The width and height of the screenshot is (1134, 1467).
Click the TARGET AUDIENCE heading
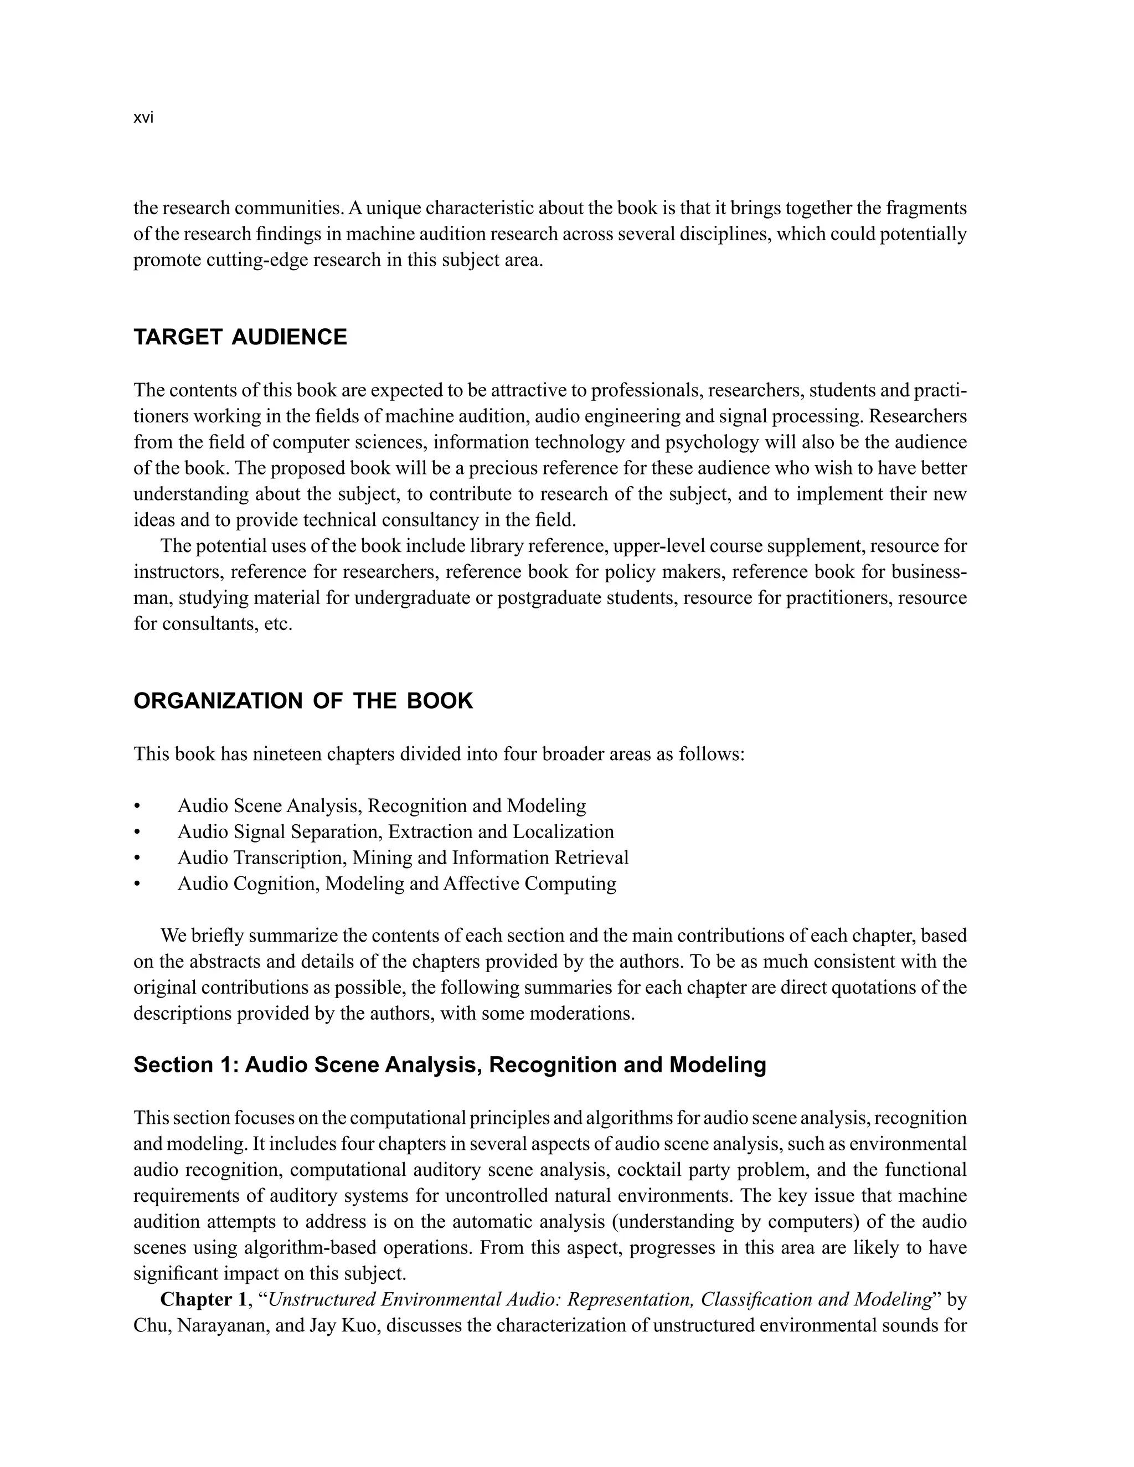click(240, 337)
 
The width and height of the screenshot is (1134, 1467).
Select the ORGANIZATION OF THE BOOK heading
click(303, 701)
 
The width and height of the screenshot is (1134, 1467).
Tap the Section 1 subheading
click(450, 1065)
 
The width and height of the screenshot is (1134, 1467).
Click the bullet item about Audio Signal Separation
click(395, 831)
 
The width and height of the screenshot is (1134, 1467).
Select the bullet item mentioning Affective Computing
click(396, 884)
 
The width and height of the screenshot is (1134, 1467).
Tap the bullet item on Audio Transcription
click(403, 858)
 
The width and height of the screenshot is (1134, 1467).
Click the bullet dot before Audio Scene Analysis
click(137, 807)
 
